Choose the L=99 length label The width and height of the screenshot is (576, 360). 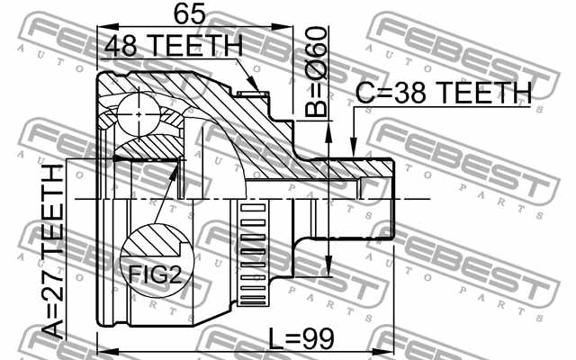coord(301,339)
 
